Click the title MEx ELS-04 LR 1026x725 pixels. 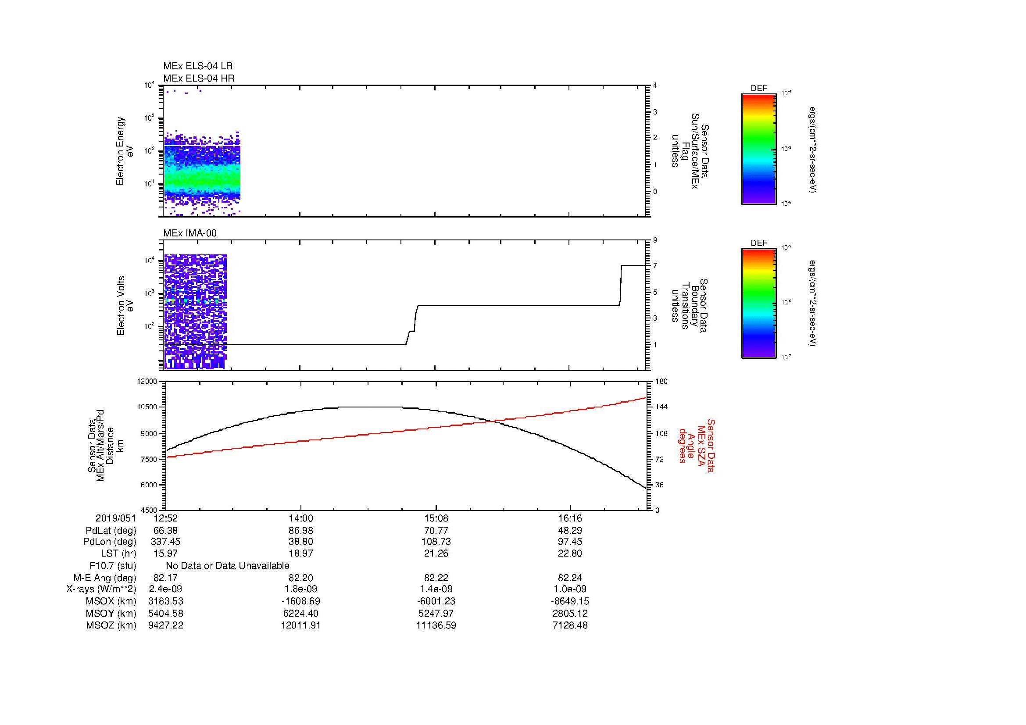pyautogui.click(x=198, y=66)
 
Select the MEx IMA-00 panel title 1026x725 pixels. pyautogui.click(x=190, y=233)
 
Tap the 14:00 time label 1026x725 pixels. pyautogui.click(x=301, y=518)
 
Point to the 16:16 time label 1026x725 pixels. pyautogui.click(x=570, y=518)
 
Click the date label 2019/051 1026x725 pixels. pyautogui.click(x=116, y=518)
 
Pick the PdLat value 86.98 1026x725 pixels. pyautogui.click(x=301, y=531)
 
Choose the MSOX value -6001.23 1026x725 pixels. pyautogui.click(x=436, y=601)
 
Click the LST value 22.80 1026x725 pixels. pyautogui.click(x=570, y=554)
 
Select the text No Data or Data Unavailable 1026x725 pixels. pyautogui.click(x=228, y=566)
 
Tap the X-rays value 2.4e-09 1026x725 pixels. pyautogui.click(x=166, y=589)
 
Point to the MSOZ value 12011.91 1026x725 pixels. pyautogui.click(x=301, y=625)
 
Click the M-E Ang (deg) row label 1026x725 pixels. pyautogui.click(x=104, y=578)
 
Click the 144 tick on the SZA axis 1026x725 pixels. pyautogui.click(x=661, y=407)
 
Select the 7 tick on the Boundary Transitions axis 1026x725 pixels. pyautogui.click(x=655, y=266)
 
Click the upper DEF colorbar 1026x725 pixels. pyautogui.click(x=759, y=149)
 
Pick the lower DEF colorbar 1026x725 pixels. pyautogui.click(x=759, y=304)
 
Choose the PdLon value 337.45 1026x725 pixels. pyautogui.click(x=166, y=542)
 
